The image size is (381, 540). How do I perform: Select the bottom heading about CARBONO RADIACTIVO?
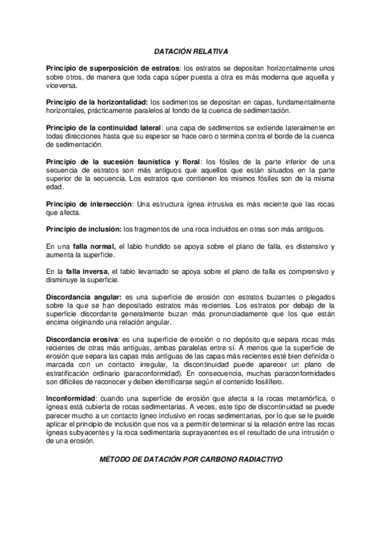tap(190, 459)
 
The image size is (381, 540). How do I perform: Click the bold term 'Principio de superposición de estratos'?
tap(113, 68)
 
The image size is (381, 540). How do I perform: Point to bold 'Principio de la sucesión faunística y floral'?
tap(120, 161)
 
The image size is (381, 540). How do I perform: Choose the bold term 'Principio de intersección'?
tap(89, 203)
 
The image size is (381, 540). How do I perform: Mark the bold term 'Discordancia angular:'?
tap(84, 297)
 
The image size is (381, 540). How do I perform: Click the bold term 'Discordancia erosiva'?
tap(83, 339)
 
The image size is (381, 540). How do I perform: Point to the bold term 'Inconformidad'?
tap(69, 399)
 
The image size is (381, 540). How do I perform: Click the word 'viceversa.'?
tap(62, 85)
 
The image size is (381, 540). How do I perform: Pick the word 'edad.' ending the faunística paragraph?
tap(55, 187)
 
